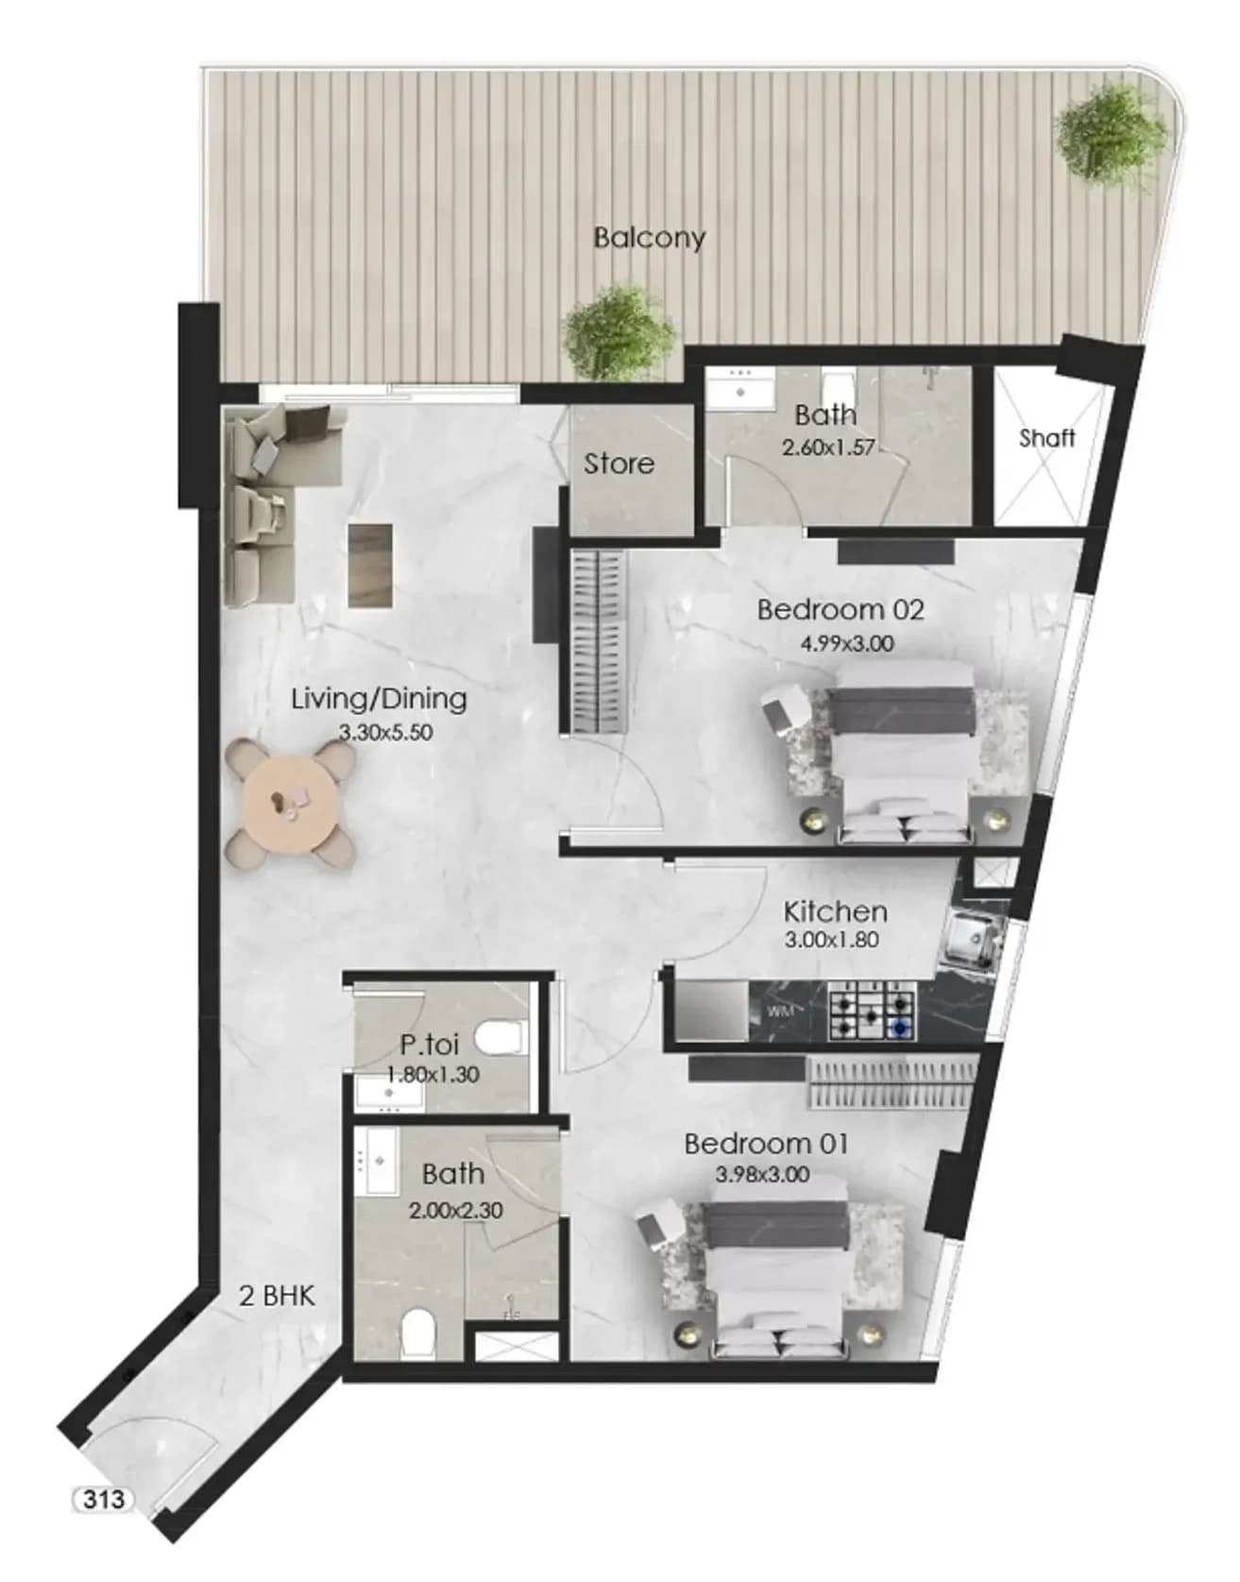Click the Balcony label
point(649,237)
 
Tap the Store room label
point(619,464)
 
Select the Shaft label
point(1047,437)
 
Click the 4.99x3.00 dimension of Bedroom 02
point(847,644)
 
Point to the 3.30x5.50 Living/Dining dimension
point(385,732)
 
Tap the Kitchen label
point(836,912)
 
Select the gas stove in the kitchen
point(873,1012)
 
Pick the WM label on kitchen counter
point(779,1012)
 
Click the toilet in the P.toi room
point(501,1039)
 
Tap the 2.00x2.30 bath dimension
point(456,1210)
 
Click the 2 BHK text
point(277,1296)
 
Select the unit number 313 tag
point(103,1500)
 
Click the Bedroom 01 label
point(766,1144)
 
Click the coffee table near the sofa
point(370,565)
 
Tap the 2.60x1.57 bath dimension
point(828,448)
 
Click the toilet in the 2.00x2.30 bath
point(417,1333)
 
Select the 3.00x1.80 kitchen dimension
point(832,941)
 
